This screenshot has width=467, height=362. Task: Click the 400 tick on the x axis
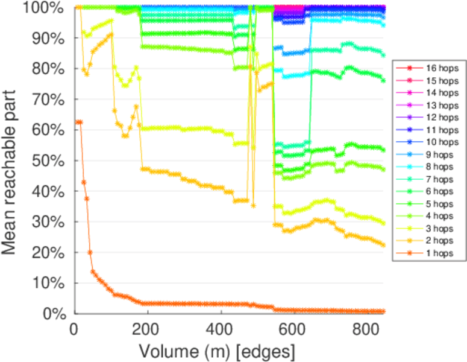pyautogui.click(x=221, y=330)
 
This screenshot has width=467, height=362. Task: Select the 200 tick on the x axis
pyautogui.click(x=148, y=330)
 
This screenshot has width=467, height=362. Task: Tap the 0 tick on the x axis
pyautogui.click(x=74, y=330)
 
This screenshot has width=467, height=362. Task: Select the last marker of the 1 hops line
pyautogui.click(x=383, y=311)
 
